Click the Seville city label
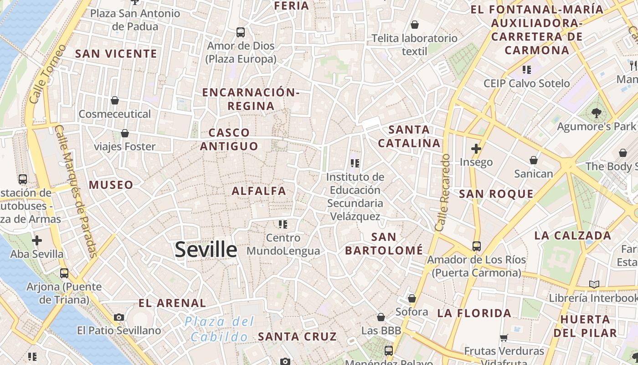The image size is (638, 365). click(x=206, y=250)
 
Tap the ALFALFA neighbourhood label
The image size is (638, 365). click(x=259, y=191)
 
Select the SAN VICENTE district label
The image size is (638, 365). click(x=116, y=54)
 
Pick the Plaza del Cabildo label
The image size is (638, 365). click(x=220, y=329)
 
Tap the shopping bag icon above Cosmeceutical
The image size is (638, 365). click(x=115, y=100)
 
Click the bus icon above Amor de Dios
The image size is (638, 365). click(x=241, y=32)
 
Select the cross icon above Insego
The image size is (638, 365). click(x=476, y=148)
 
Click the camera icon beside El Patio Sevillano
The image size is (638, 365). click(x=119, y=317)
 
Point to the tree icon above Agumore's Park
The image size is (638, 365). click(x=596, y=113)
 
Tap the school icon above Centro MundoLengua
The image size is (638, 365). click(x=283, y=224)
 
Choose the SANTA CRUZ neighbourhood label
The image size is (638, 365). click(x=297, y=337)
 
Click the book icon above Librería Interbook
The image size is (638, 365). click(x=594, y=284)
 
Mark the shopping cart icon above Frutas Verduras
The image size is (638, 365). click(x=504, y=338)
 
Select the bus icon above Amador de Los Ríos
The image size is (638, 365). click(x=477, y=246)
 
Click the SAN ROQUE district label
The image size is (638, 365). click(x=496, y=194)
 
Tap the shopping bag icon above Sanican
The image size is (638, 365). click(x=534, y=160)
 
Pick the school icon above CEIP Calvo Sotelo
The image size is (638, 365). click(x=527, y=70)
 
